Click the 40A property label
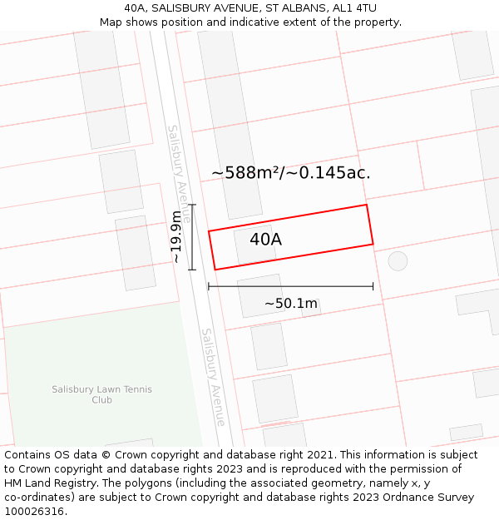[265, 240]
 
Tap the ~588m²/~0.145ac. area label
[290, 173]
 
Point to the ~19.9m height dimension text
[175, 237]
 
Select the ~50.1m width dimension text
[291, 304]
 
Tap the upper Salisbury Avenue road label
[180, 173]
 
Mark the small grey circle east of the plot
[398, 260]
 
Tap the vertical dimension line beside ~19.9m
[192, 237]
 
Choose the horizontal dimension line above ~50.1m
[290, 286]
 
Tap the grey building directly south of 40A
[259, 296]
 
